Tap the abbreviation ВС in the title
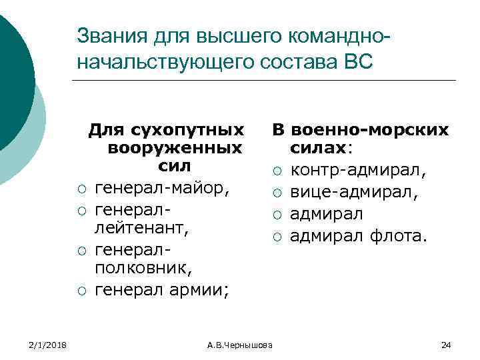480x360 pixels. (361, 62)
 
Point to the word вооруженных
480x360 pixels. (175, 146)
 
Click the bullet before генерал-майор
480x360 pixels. (81, 189)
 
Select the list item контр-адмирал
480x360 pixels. (356, 171)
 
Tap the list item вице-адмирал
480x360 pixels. (353, 193)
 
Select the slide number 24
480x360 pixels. (446, 344)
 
